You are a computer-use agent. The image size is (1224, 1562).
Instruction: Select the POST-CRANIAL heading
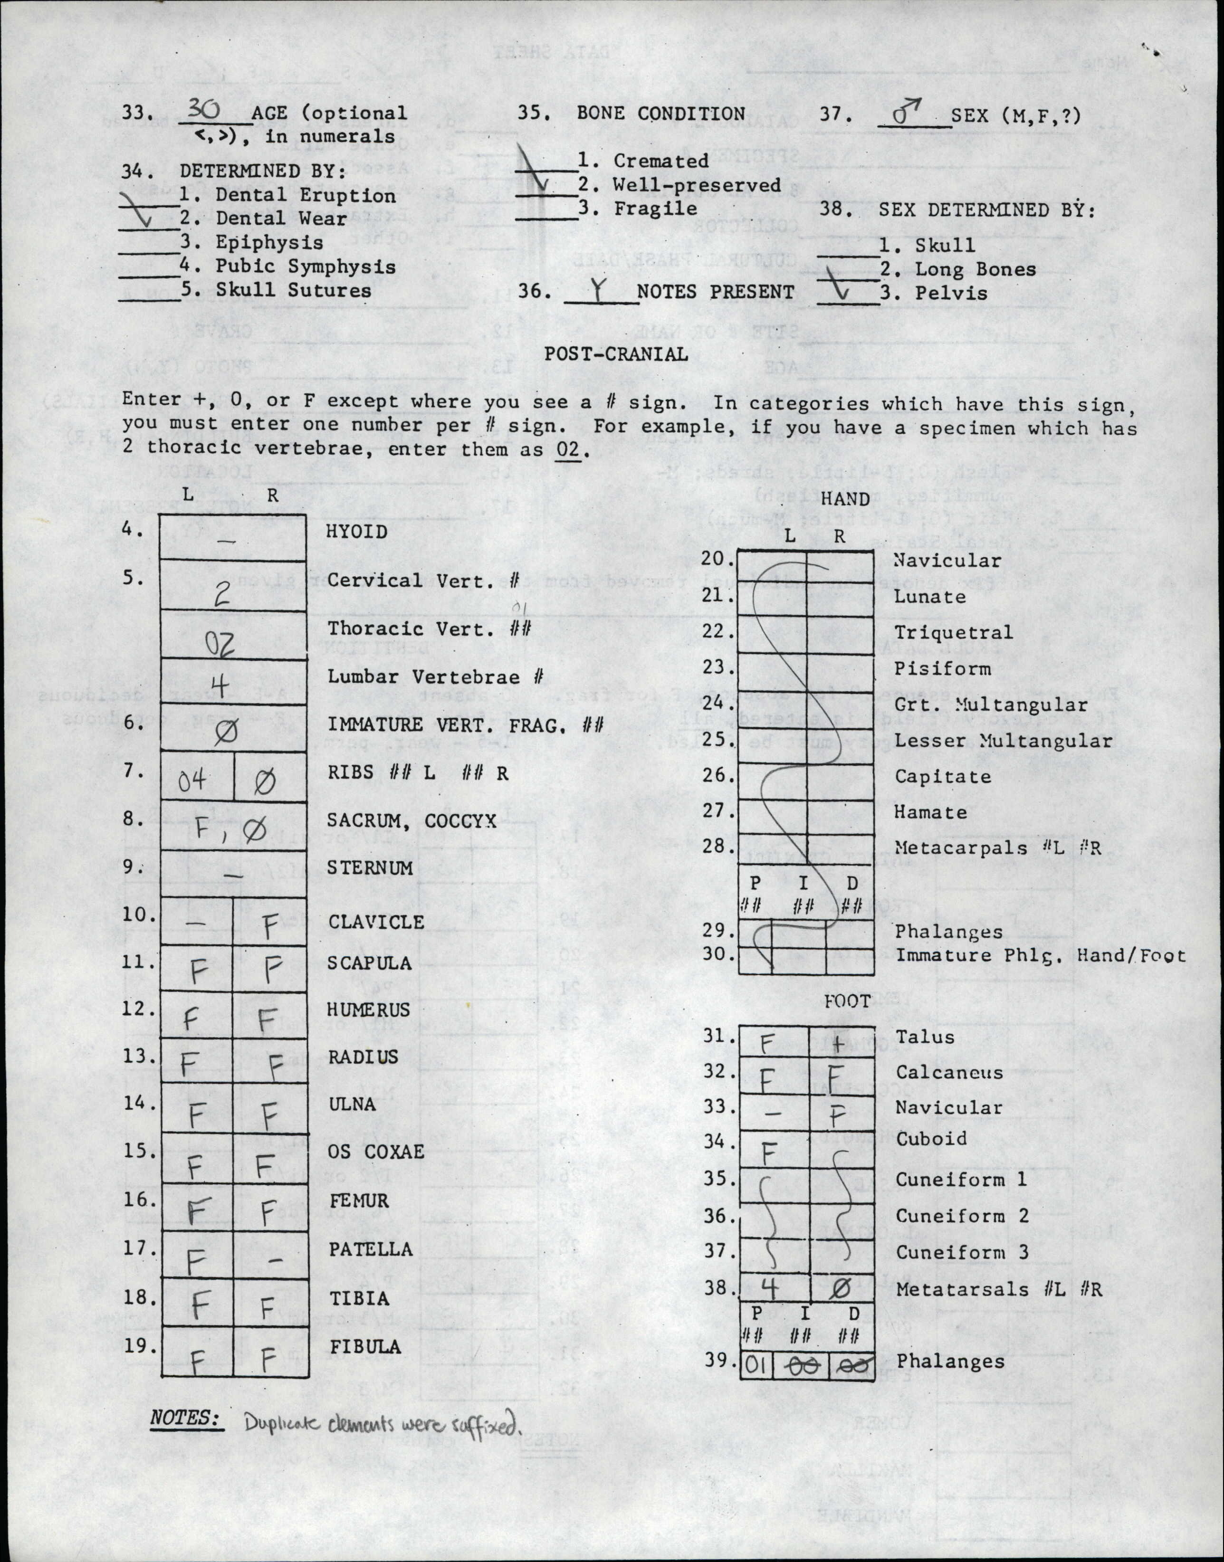tap(616, 353)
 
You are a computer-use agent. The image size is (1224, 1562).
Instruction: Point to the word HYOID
tap(357, 532)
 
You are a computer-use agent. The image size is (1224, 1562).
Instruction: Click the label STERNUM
tap(370, 867)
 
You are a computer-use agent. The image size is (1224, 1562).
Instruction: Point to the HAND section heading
tap(846, 499)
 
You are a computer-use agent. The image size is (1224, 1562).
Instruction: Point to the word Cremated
tap(661, 161)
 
